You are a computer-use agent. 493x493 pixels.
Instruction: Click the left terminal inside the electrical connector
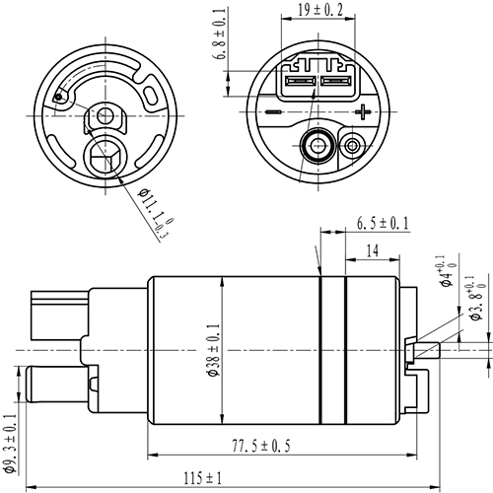[x=300, y=83]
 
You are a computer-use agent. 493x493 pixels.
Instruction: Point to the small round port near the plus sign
[x=350, y=146]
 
